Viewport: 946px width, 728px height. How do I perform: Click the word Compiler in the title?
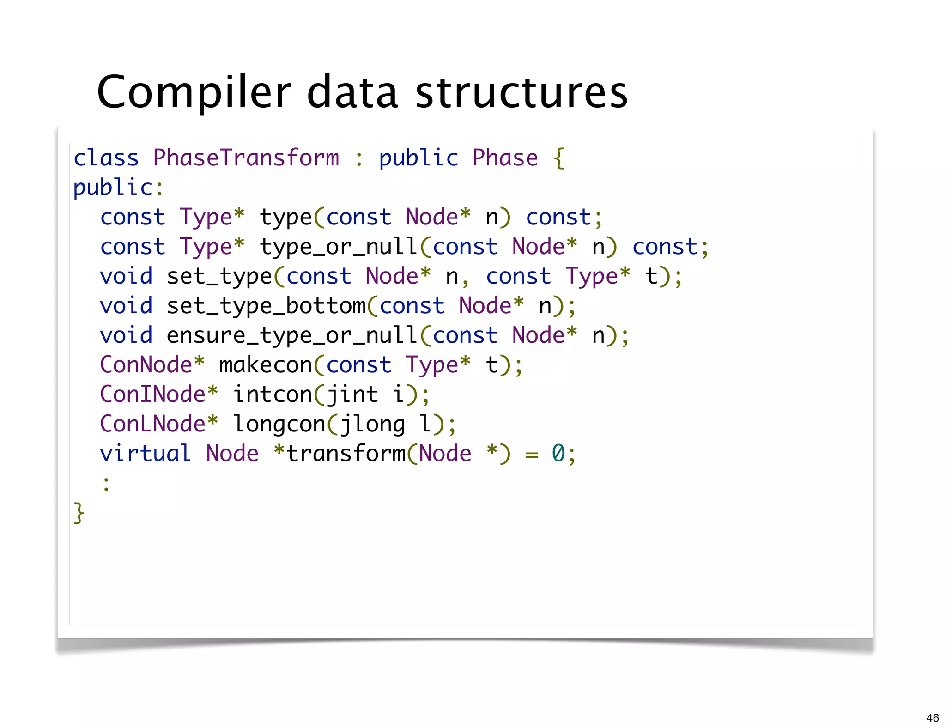pos(194,92)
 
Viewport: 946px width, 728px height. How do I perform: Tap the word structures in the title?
pos(522,92)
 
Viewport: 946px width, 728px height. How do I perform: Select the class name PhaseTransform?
pos(246,158)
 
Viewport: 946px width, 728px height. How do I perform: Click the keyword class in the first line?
pos(106,158)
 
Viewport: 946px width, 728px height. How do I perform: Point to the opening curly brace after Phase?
pos(559,158)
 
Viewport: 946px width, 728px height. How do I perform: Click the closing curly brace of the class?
pos(79,513)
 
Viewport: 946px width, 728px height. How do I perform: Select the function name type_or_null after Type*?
pos(339,247)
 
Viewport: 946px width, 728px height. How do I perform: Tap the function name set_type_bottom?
pos(266,306)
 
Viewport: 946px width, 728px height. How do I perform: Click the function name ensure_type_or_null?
pos(292,335)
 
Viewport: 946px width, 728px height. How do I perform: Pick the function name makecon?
pos(266,365)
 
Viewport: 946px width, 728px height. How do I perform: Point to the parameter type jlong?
pos(372,424)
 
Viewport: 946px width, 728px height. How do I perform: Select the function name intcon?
pos(273,394)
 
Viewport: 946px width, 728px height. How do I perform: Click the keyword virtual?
pos(145,454)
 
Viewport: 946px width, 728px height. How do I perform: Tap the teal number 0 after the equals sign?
pos(558,454)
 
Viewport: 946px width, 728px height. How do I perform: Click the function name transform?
pos(346,454)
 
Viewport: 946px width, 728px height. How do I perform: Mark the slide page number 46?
pos(932,718)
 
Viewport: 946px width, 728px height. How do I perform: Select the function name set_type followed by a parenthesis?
pos(219,276)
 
